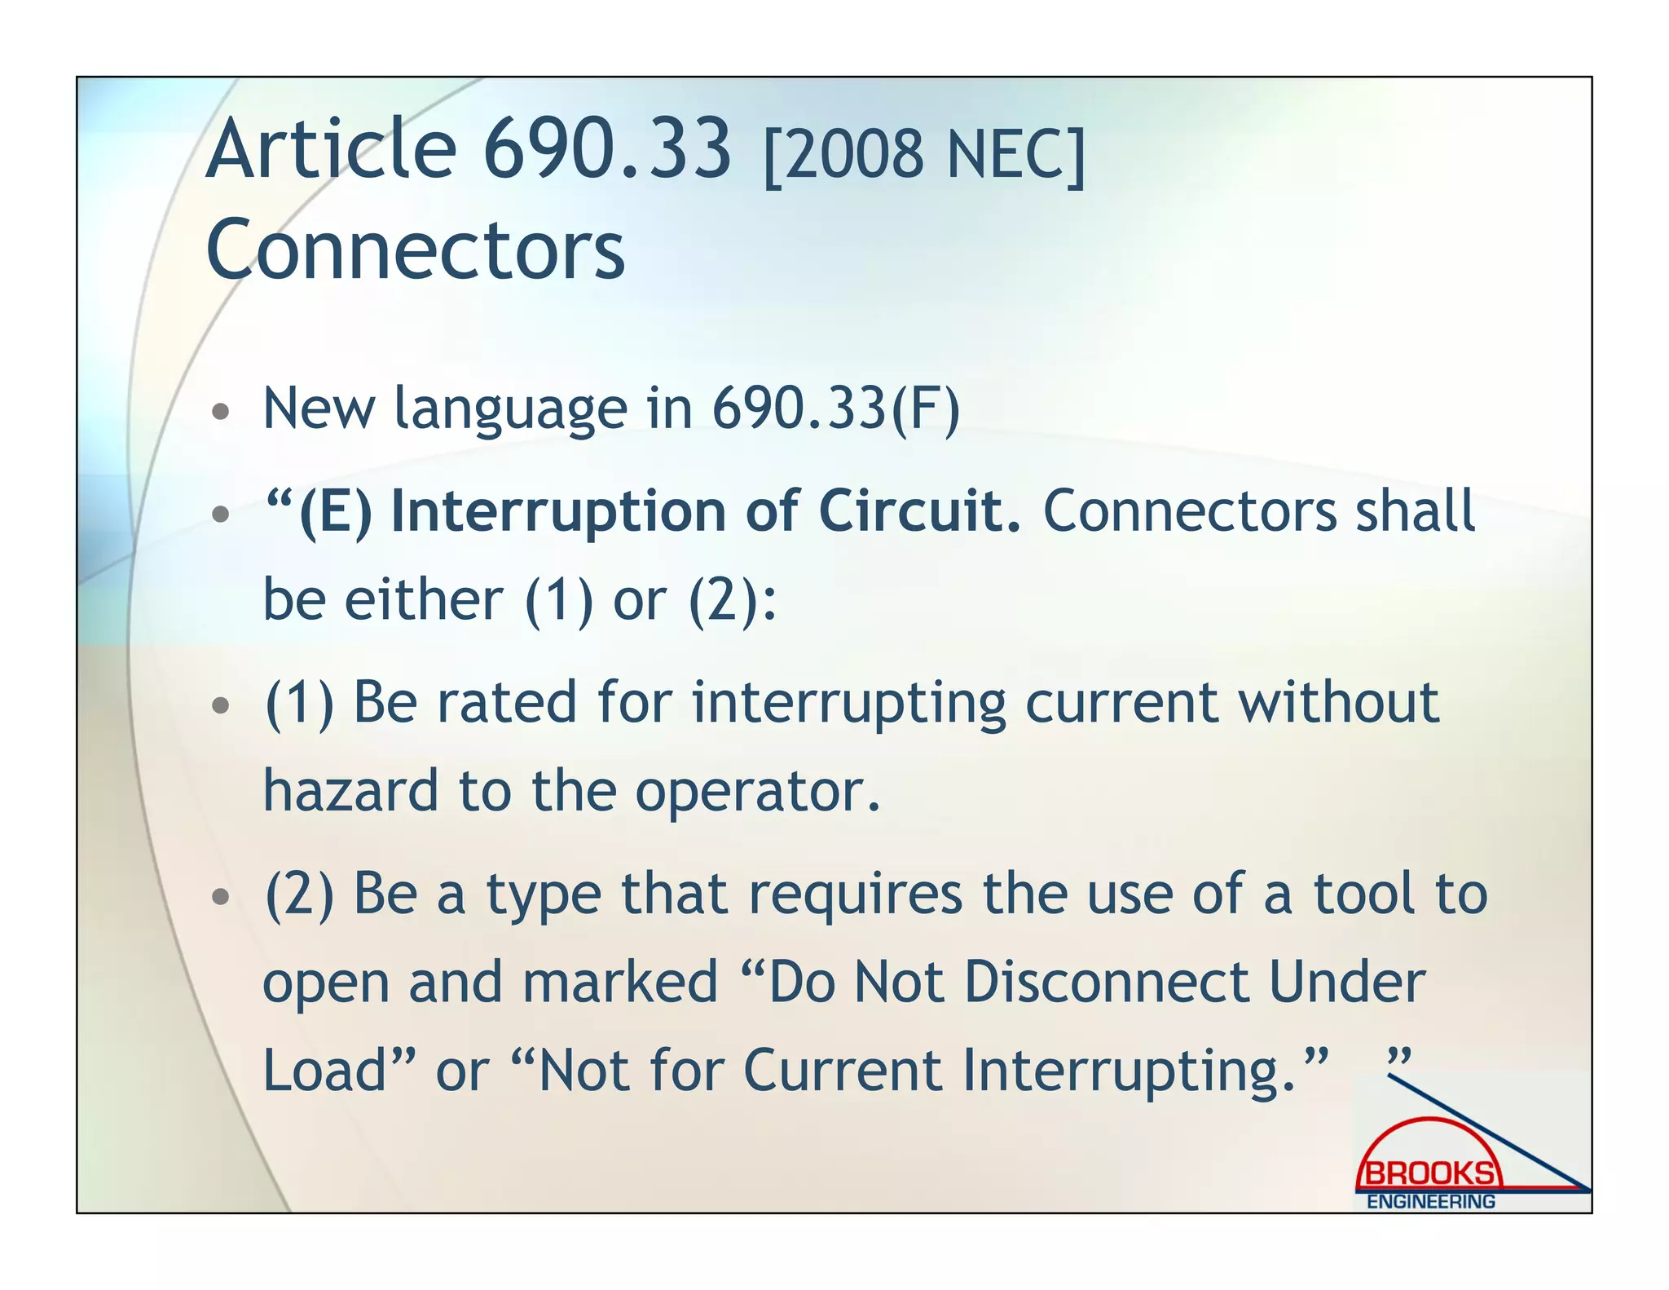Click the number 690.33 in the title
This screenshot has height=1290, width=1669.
(x=607, y=150)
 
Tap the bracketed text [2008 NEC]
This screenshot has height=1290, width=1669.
(x=924, y=155)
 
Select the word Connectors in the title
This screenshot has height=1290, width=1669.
(x=416, y=250)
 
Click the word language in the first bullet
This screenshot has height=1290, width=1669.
(x=510, y=410)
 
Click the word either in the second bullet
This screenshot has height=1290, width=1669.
(x=424, y=601)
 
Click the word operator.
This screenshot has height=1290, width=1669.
(x=758, y=793)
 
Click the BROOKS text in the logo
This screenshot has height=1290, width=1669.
(x=1429, y=1173)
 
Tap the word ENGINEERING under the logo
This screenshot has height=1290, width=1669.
(x=1430, y=1202)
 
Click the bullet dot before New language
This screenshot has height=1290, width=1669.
(x=220, y=411)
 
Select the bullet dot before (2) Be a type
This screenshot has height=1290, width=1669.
(x=220, y=897)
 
